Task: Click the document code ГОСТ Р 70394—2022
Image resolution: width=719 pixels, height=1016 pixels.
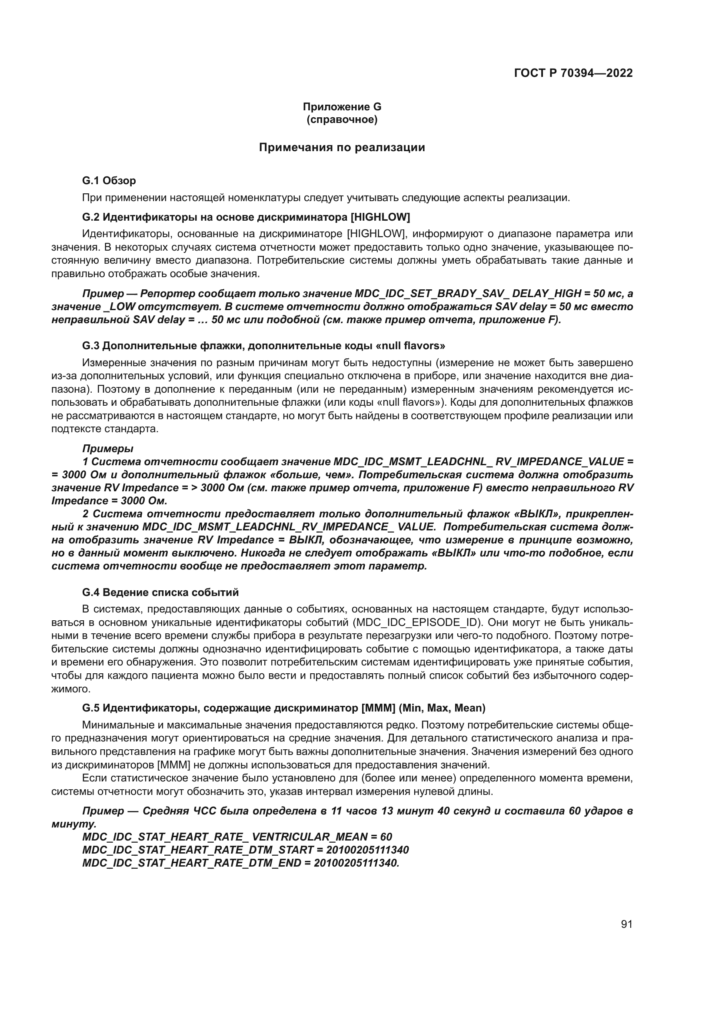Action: point(573,73)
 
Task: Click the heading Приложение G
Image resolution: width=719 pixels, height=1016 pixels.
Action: point(342,107)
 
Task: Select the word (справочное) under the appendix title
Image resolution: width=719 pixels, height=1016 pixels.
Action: point(342,119)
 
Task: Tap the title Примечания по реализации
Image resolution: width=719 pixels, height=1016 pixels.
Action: point(342,147)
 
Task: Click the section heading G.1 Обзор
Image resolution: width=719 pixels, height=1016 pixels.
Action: point(109,181)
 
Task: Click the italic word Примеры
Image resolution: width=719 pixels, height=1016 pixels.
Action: point(107,448)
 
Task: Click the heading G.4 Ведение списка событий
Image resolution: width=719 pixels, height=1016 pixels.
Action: point(160,592)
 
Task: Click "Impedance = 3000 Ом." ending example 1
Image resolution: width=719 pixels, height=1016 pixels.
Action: point(110,501)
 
